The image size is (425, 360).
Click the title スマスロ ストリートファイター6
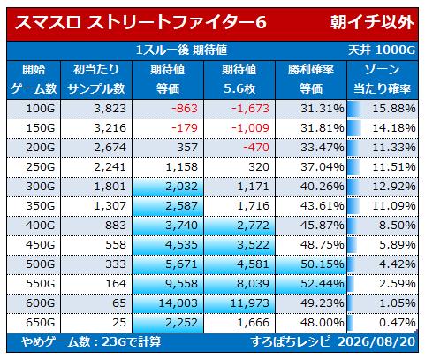pyautogui.click(x=140, y=23)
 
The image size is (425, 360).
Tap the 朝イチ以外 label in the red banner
pyautogui.click(x=372, y=23)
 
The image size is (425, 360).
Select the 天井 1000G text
pyautogui.click(x=382, y=50)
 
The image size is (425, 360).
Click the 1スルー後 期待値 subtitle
pyautogui.click(x=181, y=50)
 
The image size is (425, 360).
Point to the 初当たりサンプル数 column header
pyautogui.click(x=96, y=79)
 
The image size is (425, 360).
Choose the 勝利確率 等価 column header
pyautogui.click(x=311, y=79)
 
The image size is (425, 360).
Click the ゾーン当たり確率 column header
pyautogui.click(x=382, y=79)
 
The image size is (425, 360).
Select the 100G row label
pyautogui.click(x=41, y=109)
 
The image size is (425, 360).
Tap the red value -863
pyautogui.click(x=185, y=109)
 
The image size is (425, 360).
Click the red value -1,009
pyautogui.click(x=250, y=128)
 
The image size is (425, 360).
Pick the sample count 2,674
pyautogui.click(x=110, y=148)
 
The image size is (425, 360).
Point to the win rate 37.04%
pyautogui.click(x=323, y=167)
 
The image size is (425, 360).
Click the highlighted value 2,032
pyautogui.click(x=181, y=187)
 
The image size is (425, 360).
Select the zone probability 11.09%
pyautogui.click(x=394, y=206)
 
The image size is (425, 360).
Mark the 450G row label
pyautogui.click(x=41, y=245)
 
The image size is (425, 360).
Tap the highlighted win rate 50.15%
pyautogui.click(x=323, y=264)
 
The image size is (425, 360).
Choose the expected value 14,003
pyautogui.click(x=178, y=303)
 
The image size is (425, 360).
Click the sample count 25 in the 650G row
pyautogui.click(x=119, y=323)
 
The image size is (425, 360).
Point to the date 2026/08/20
pyautogui.click(x=376, y=342)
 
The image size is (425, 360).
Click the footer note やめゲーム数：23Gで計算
pyautogui.click(x=91, y=342)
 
